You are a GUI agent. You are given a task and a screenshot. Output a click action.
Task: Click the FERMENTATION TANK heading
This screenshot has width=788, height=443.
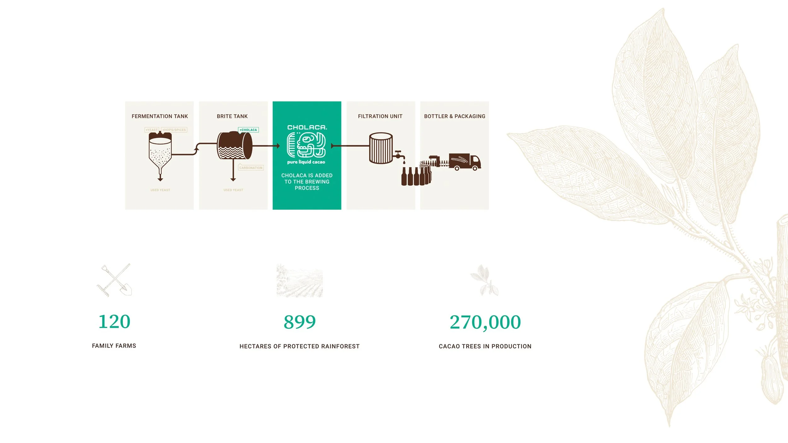tap(159, 116)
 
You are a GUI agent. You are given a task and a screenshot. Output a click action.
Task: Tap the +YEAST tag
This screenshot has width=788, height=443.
tap(152, 130)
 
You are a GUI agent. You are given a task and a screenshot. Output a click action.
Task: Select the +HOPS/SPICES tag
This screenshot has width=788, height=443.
tap(174, 130)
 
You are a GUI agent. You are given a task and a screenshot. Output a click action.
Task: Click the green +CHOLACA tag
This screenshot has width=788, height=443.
tap(248, 130)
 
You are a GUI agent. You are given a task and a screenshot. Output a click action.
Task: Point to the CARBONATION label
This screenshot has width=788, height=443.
tap(251, 168)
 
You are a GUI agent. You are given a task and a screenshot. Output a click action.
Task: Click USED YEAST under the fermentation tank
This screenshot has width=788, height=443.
tap(160, 190)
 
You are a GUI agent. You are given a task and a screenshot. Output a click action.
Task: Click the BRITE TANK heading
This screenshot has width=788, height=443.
tap(232, 116)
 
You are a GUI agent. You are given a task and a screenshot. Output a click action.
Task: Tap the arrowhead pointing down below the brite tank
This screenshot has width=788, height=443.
tap(233, 179)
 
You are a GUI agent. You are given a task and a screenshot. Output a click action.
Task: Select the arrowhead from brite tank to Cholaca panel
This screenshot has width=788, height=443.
tap(278, 146)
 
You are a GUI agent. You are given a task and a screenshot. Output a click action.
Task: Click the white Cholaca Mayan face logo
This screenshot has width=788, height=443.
tap(306, 145)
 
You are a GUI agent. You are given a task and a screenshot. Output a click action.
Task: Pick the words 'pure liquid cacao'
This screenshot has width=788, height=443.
tap(306, 162)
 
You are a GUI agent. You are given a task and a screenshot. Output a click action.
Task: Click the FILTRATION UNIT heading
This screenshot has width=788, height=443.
tap(380, 116)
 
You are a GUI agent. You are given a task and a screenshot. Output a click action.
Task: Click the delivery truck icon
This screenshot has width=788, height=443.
tap(465, 162)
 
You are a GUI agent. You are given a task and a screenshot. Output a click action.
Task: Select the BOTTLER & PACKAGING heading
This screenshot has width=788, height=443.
tap(455, 116)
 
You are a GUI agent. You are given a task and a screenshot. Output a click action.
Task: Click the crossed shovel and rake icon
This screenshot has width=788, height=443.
tap(114, 280)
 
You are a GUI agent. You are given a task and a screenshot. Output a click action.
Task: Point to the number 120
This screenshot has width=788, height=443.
tap(114, 321)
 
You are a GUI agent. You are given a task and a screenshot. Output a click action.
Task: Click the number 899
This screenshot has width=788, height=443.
tap(299, 322)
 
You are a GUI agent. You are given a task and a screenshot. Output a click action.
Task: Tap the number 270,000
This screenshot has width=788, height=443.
tap(485, 322)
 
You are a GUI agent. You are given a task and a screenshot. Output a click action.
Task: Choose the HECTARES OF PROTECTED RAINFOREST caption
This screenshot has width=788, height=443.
tap(299, 346)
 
